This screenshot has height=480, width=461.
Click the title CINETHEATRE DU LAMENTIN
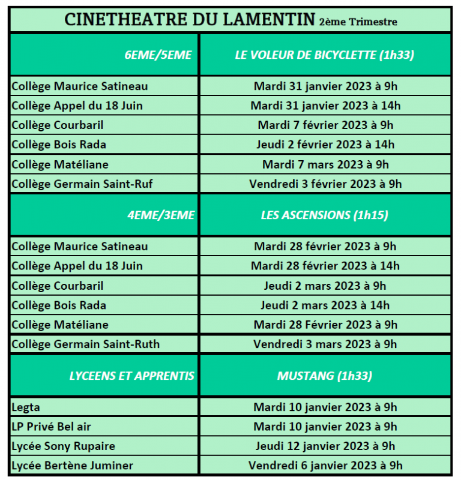(x=189, y=20)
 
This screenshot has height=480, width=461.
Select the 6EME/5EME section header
(x=158, y=55)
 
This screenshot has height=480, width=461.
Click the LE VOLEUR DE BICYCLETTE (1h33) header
(x=325, y=55)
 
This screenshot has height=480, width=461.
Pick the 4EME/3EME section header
(x=161, y=215)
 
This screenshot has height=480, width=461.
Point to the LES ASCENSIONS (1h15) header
(x=325, y=215)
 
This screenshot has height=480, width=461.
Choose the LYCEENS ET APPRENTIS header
(x=132, y=376)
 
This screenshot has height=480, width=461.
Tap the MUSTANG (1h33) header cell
(x=325, y=376)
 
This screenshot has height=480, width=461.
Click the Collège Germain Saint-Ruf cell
(x=82, y=184)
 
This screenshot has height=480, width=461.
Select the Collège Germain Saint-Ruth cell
(x=86, y=344)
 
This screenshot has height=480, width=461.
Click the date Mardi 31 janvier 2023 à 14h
(x=325, y=106)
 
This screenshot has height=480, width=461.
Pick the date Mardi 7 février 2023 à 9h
(x=325, y=125)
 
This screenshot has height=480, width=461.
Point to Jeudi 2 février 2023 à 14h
(x=325, y=145)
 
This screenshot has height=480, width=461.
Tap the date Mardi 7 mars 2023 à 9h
(x=325, y=164)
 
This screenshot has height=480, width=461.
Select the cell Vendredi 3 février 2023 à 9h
(x=325, y=184)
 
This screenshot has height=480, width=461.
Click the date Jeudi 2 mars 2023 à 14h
(x=325, y=305)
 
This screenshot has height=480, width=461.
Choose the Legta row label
(x=26, y=407)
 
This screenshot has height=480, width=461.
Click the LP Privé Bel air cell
(x=52, y=427)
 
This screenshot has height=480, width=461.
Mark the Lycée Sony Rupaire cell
(x=63, y=446)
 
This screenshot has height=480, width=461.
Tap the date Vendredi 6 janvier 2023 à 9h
(x=325, y=465)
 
